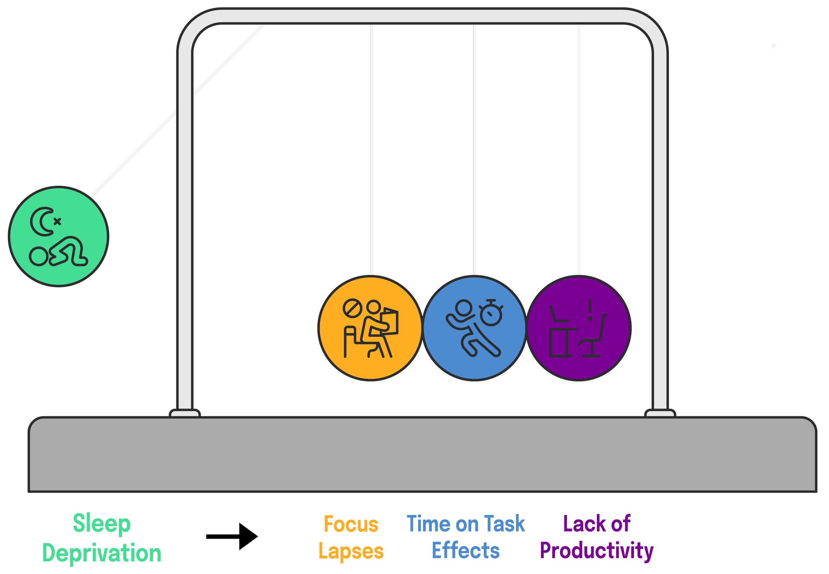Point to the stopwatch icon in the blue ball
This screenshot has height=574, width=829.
[491, 313]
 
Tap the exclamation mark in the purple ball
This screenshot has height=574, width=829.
[590, 310]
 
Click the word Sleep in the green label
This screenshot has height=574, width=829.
[102, 524]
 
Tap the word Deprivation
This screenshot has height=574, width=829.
[102, 553]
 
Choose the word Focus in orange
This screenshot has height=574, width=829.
[351, 524]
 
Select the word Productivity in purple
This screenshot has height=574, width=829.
[597, 551]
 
